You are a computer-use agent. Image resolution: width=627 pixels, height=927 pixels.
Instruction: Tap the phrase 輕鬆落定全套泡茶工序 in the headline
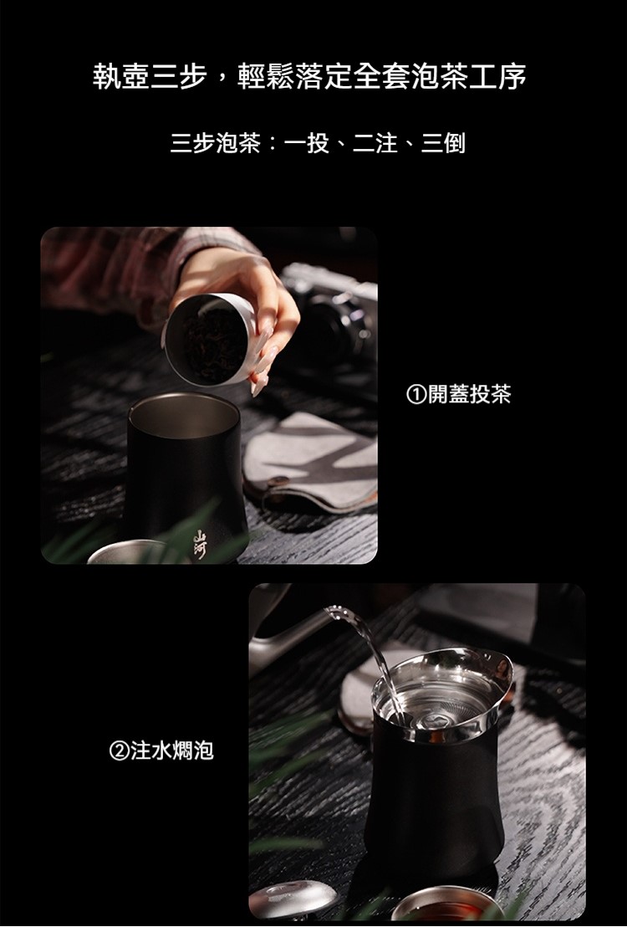(382, 77)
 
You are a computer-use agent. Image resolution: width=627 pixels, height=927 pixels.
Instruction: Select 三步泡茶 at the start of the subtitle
(215, 143)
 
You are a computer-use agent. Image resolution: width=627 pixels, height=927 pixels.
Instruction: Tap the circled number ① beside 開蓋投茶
(416, 394)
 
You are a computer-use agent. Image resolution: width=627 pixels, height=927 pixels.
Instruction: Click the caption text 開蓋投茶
(469, 394)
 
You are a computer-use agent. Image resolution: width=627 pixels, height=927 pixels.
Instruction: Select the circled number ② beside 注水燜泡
(120, 750)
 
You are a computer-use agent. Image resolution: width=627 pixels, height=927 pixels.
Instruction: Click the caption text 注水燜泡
(172, 750)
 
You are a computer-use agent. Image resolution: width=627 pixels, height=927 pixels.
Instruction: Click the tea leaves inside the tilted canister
(212, 341)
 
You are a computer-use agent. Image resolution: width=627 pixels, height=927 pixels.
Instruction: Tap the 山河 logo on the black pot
(202, 543)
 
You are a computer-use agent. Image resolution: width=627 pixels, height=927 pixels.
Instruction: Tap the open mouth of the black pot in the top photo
(183, 415)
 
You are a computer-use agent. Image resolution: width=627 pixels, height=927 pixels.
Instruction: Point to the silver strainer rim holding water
(442, 693)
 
